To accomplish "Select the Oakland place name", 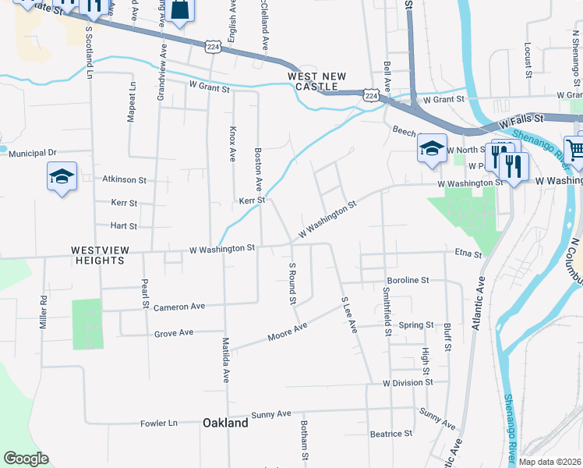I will coord(225,423).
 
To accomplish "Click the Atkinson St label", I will coord(125,179).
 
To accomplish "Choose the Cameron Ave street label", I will coord(178,307).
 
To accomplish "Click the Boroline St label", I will coord(408,280).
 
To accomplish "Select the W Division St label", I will coord(408,383).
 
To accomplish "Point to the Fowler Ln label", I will coord(159,423).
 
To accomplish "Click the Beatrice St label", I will coord(390,434).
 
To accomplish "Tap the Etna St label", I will coord(468,253).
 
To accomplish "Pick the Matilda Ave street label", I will coord(225,360).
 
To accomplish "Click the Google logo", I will coord(26,459).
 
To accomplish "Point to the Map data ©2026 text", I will coord(550,462).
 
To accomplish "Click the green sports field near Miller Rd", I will coord(87,324).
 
